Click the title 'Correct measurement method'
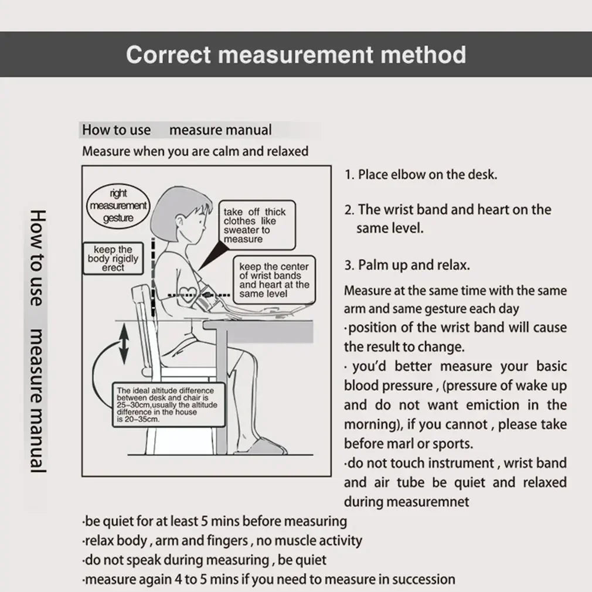pos(296,55)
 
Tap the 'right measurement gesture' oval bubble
pos(118,206)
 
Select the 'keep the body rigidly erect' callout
pos(113,258)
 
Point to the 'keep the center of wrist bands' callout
pos(274,280)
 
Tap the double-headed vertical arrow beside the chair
pos(124,344)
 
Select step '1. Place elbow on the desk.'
pos(420,175)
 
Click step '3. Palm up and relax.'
pos(407,265)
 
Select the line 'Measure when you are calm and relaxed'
pos(195,151)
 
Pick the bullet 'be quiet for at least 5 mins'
pos(215,520)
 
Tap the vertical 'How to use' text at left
pos(36,257)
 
